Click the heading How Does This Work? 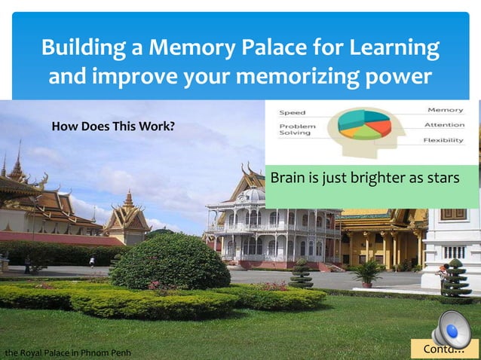pos(112,125)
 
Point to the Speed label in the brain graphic pos(293,113)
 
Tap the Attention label pos(444,125)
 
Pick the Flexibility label pos(443,140)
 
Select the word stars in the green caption pos(442,178)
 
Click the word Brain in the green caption pos(286,178)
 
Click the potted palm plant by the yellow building pos(368,272)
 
